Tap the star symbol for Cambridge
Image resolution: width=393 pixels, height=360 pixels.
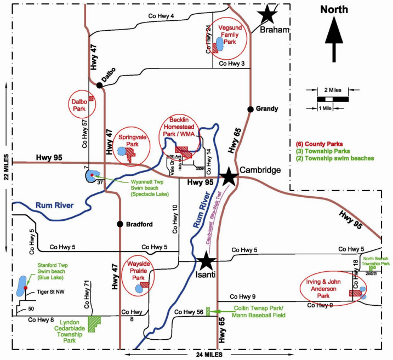[x=229, y=176]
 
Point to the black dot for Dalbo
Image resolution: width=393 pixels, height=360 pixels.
[x=99, y=85]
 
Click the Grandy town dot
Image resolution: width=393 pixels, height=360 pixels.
[x=250, y=108]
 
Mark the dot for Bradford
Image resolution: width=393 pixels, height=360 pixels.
[x=119, y=224]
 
